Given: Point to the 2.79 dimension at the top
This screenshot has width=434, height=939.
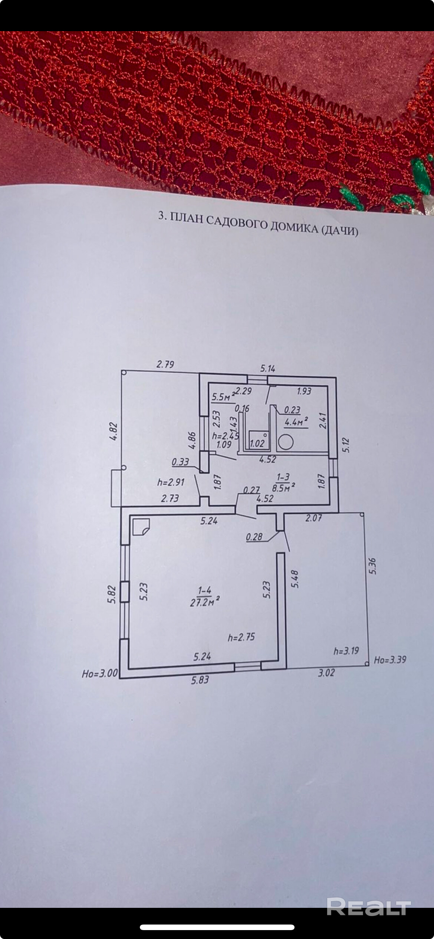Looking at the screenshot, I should pyautogui.click(x=165, y=364).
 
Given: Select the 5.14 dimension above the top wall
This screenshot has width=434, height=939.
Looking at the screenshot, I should pyautogui.click(x=267, y=368).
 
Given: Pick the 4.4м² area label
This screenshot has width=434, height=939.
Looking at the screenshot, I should pyautogui.click(x=296, y=422).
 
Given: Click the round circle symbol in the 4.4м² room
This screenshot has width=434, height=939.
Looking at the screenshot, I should pyautogui.click(x=286, y=442).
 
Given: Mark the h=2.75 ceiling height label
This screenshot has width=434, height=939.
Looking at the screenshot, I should pyautogui.click(x=241, y=637).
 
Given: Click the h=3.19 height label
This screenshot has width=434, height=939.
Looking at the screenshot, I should pyautogui.click(x=346, y=650).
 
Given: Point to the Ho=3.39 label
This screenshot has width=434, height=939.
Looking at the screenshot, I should pyautogui.click(x=390, y=660).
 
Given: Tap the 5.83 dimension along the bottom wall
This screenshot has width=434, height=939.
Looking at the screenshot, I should pyautogui.click(x=200, y=680).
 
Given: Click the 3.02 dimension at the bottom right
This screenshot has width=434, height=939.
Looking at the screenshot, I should pyautogui.click(x=326, y=673).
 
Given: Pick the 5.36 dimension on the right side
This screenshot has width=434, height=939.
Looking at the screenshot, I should pyautogui.click(x=373, y=566).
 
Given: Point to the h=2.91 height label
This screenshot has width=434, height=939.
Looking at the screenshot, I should pyautogui.click(x=171, y=482).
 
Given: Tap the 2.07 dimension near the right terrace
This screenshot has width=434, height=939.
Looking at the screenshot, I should pyautogui.click(x=313, y=518).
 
